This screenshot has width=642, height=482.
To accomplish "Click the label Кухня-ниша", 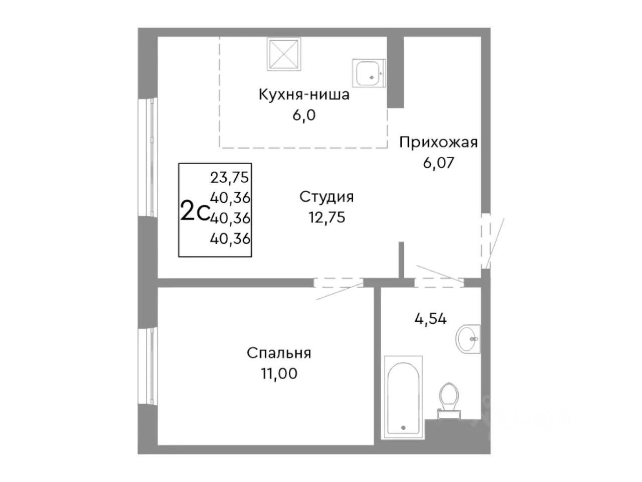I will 304,94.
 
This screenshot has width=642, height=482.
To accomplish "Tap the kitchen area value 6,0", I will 304,115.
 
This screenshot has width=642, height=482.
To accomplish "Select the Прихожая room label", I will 438,143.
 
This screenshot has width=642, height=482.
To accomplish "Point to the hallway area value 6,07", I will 438,163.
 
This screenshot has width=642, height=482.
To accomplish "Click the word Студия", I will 327,197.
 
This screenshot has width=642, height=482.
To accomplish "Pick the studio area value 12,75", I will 327,217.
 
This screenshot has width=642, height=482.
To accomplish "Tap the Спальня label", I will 279,353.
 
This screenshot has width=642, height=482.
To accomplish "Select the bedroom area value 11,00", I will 279,374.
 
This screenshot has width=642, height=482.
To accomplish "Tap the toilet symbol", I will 448,400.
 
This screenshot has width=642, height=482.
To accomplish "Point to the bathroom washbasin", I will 468,339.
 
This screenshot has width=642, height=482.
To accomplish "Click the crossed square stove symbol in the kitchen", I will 284,54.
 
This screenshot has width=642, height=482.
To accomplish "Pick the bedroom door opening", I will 338,283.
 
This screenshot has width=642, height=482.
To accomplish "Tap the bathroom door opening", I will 439,283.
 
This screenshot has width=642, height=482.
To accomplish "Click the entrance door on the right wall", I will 486,241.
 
